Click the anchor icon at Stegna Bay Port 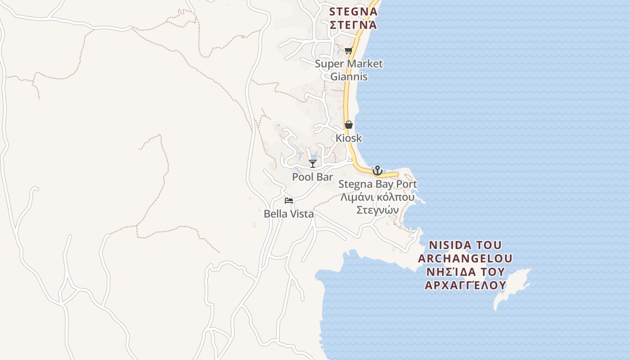click(x=377, y=171)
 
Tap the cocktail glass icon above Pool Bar click(x=313, y=163)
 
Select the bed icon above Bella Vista click(x=289, y=200)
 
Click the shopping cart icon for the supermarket click(x=348, y=51)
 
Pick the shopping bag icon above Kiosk click(x=349, y=125)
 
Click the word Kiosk click(x=349, y=138)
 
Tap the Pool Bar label click(x=312, y=177)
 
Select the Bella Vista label click(x=289, y=214)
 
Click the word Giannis click(x=349, y=76)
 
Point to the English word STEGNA click(x=353, y=11)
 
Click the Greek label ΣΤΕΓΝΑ click(x=353, y=25)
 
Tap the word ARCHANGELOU click(x=465, y=258)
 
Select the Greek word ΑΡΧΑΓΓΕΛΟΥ click(x=465, y=285)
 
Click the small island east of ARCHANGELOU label click(x=513, y=288)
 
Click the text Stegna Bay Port click(x=378, y=184)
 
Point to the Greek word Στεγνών click(x=378, y=210)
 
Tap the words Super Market click(x=349, y=63)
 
